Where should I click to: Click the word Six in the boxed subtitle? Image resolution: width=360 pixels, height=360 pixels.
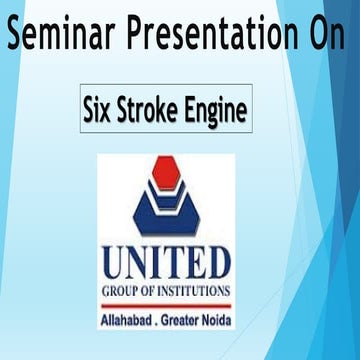pyautogui.click(x=102, y=109)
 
